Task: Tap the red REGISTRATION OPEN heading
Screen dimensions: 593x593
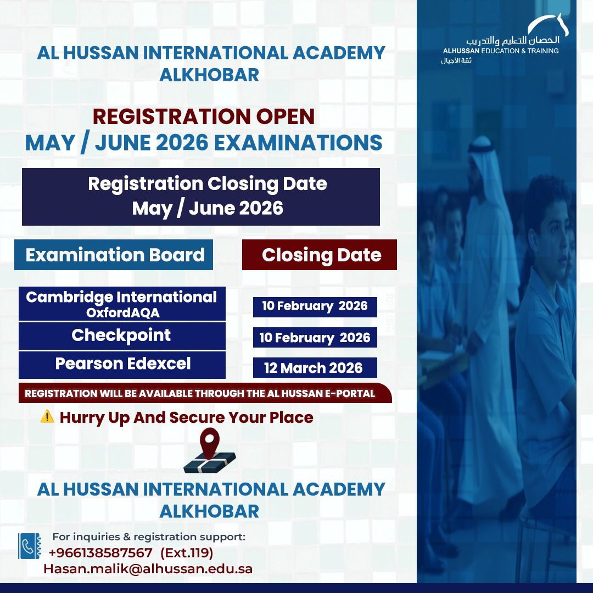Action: point(204,116)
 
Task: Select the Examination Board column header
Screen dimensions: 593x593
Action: point(114,255)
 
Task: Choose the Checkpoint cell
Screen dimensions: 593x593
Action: point(121,335)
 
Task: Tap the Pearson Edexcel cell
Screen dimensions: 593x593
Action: point(122,364)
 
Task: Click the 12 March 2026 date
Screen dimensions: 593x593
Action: point(314,368)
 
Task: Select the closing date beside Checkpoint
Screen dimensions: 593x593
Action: point(315,338)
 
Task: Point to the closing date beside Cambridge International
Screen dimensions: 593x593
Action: point(315,306)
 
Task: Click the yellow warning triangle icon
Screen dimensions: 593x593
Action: point(47,417)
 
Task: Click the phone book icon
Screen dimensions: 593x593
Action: point(30,546)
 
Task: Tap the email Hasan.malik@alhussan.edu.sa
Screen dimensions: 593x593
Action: point(148,568)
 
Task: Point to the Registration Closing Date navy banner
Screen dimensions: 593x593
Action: point(201,197)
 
